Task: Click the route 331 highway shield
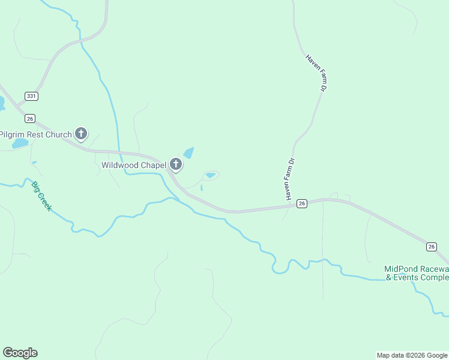tap(32, 96)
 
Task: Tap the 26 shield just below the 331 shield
tap(31, 118)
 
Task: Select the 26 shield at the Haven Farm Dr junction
tap(302, 203)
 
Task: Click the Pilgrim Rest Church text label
tap(36, 134)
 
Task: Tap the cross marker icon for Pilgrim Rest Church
tap(80, 134)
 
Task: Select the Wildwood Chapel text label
tap(134, 165)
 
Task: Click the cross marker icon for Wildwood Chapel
tap(176, 164)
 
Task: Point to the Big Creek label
tap(42, 196)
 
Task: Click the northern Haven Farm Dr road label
tap(316, 73)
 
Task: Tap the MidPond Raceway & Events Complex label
tap(417, 273)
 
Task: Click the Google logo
tap(20, 353)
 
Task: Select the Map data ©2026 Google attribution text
tap(412, 355)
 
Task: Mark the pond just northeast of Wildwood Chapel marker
tap(189, 153)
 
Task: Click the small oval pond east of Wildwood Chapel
tap(210, 175)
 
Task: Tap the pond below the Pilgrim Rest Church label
tap(19, 144)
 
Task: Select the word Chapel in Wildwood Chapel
tap(153, 165)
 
